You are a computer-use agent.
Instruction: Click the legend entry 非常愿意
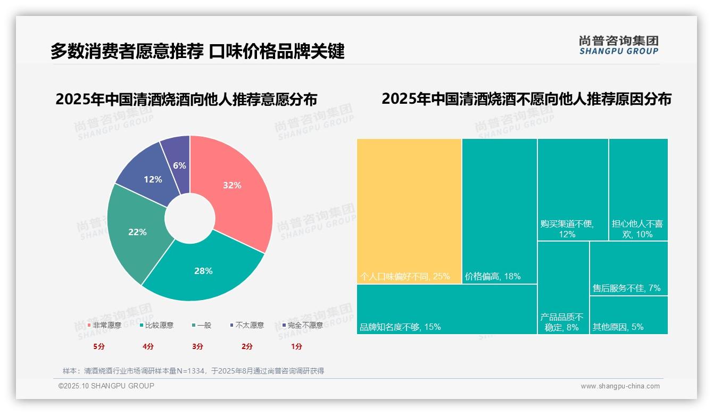(x=104, y=325)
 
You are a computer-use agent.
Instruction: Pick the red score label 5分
(x=99, y=346)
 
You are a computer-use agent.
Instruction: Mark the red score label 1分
(x=296, y=346)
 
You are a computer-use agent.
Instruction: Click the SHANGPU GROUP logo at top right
(x=618, y=45)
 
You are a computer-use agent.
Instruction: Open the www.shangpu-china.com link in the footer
(x=620, y=386)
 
